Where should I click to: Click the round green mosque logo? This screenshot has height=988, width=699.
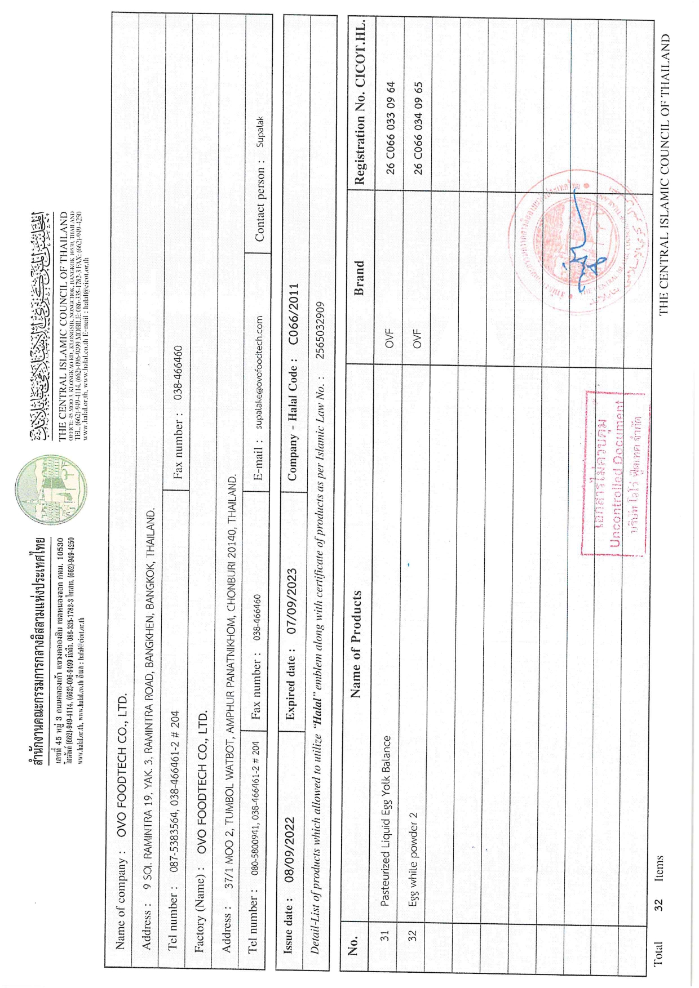51,489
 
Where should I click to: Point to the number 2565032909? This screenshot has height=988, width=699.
320,330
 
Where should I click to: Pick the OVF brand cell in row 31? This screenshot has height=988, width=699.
389,339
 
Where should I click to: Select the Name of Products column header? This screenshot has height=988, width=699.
355,644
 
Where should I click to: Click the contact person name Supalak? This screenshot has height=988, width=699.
260,132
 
